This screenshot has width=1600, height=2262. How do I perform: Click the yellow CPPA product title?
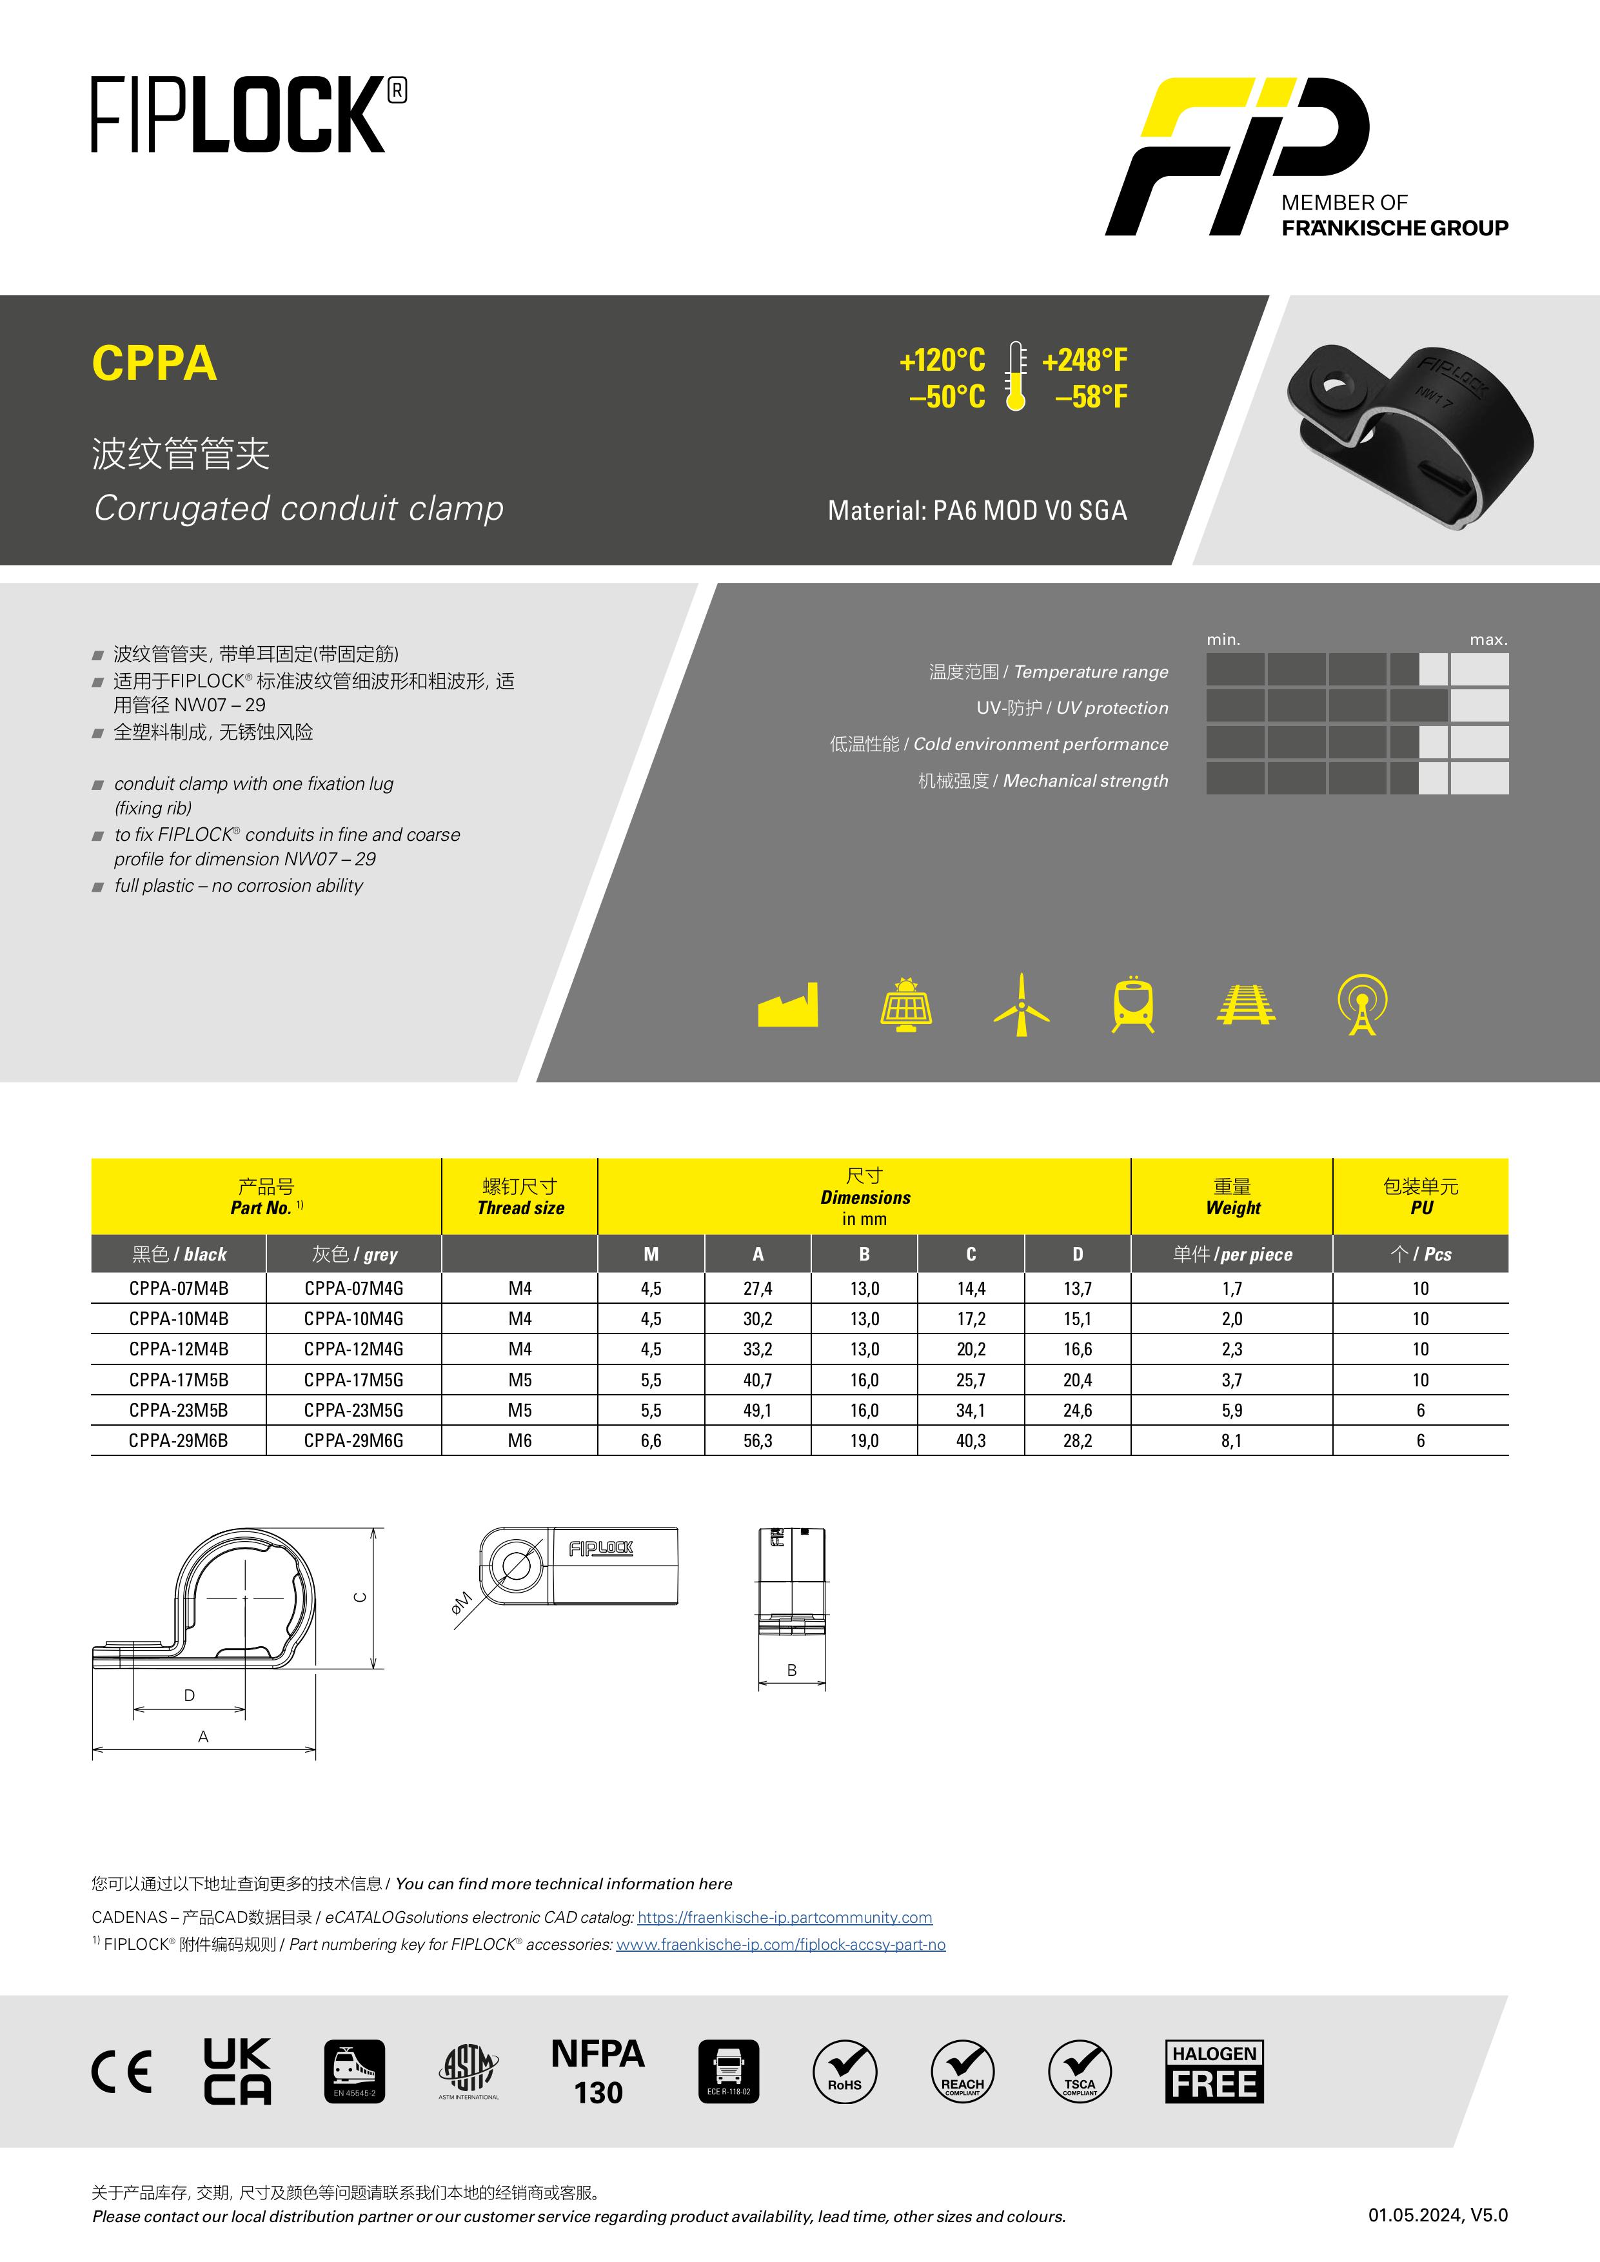pyautogui.click(x=155, y=364)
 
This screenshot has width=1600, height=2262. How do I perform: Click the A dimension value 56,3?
pyautogui.click(x=758, y=1441)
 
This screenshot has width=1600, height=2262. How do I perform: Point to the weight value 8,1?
pyautogui.click(x=1232, y=1441)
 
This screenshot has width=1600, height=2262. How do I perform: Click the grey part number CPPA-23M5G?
pyautogui.click(x=353, y=1410)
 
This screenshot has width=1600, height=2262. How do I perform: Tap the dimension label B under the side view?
pyautogui.click(x=792, y=1671)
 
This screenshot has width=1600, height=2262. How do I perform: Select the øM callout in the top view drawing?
pyautogui.click(x=461, y=1603)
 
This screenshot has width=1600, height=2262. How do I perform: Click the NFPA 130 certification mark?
pyautogui.click(x=598, y=2071)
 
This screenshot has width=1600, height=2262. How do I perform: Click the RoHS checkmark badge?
pyautogui.click(x=844, y=2071)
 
